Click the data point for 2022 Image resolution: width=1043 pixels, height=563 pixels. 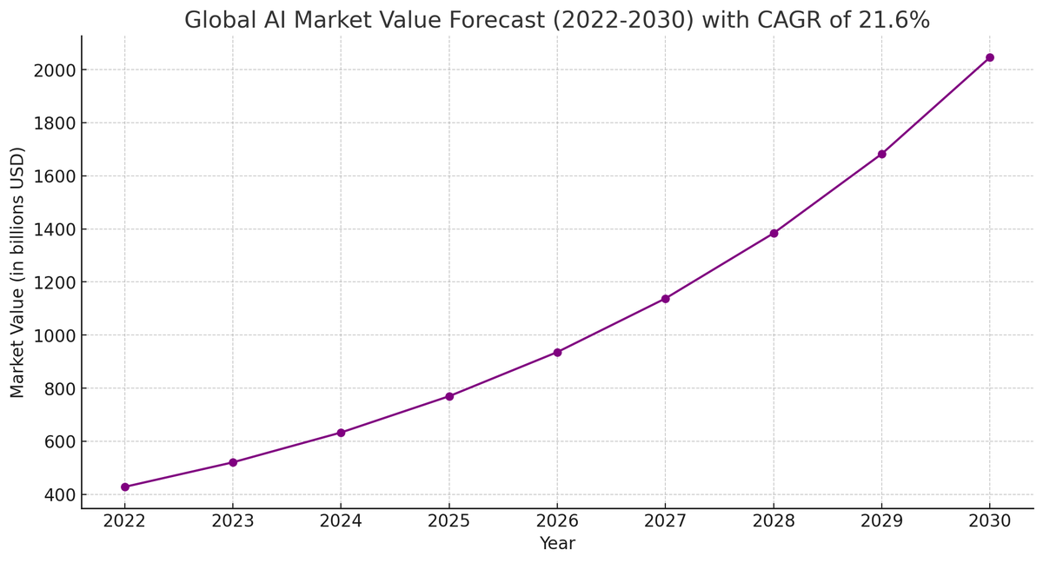(x=125, y=487)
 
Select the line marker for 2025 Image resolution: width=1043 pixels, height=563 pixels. (x=449, y=396)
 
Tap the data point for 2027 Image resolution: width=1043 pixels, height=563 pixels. (x=666, y=299)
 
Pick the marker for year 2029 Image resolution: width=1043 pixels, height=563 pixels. (x=881, y=154)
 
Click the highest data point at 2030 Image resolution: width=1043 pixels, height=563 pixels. (x=989, y=57)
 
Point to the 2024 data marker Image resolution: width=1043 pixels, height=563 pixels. (x=341, y=433)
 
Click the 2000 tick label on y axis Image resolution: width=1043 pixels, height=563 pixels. (x=54, y=70)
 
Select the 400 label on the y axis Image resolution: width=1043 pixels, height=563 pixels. (x=59, y=495)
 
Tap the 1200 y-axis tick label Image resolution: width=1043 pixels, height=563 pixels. (x=54, y=282)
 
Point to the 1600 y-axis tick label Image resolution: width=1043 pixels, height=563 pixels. (x=54, y=176)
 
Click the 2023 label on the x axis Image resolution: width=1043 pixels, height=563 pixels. (x=233, y=521)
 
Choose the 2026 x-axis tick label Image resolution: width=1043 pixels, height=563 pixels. (x=557, y=521)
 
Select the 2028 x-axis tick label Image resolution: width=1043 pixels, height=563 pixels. (x=774, y=521)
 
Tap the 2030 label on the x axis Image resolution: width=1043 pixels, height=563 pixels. (x=989, y=521)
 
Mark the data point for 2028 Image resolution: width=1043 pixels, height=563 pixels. (x=774, y=234)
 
